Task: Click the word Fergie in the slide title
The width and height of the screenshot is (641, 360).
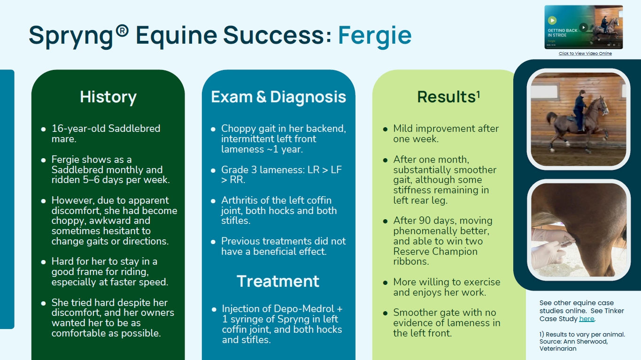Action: pos(374,35)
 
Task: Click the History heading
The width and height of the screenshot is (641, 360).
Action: pos(108,97)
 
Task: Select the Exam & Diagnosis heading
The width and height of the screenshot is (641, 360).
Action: pos(278,97)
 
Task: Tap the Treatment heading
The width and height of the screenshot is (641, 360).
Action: pos(278,281)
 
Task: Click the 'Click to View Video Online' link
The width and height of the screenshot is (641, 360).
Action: pos(585,54)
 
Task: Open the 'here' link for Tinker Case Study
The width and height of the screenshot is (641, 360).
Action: pos(587,319)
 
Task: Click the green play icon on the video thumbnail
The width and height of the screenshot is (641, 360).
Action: pos(552,20)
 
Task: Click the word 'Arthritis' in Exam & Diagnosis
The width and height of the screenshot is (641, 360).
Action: pos(241,200)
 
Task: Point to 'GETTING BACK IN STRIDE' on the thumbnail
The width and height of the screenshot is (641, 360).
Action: pos(562,33)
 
